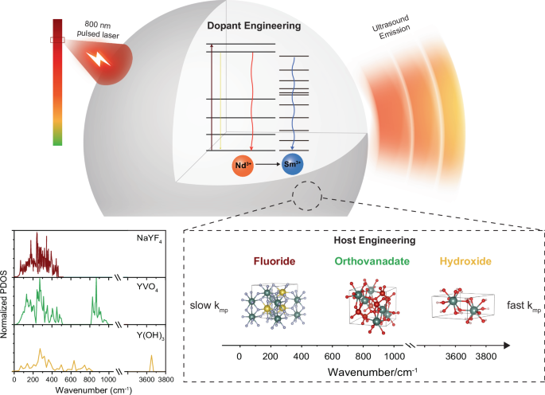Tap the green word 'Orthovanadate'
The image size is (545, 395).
coord(362,261)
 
